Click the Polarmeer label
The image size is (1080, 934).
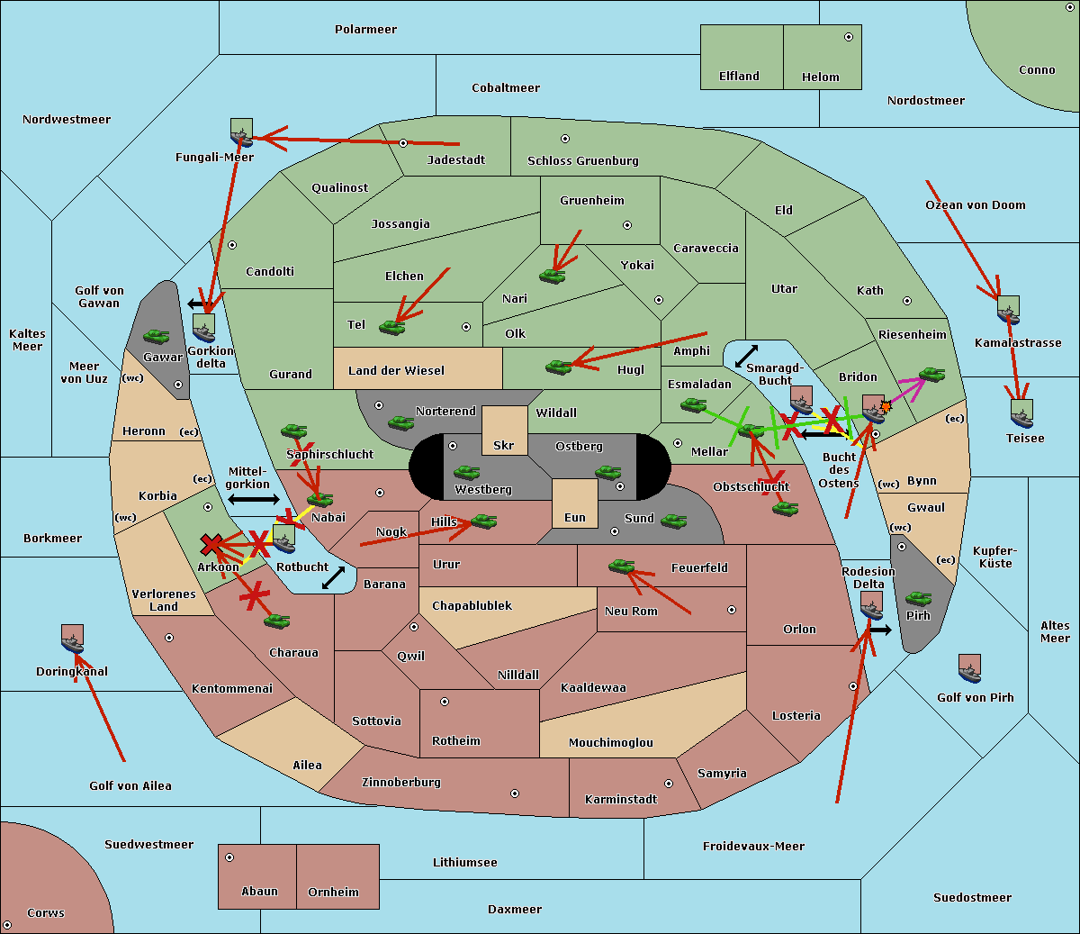pos(365,30)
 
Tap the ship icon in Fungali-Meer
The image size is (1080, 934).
pos(241,132)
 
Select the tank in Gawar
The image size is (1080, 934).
pos(157,336)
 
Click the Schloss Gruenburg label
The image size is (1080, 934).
pos(582,161)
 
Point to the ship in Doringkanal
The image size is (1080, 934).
pos(72,639)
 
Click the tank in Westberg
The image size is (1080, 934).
pos(466,472)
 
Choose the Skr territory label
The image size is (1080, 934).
pos(504,445)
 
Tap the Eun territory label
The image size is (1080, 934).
pos(575,517)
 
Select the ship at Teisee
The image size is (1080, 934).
pos(1021,413)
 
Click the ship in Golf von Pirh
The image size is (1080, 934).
pos(969,668)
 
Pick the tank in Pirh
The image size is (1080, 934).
pos(918,598)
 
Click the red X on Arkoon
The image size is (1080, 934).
pos(211,544)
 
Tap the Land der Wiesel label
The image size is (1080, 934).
pos(396,370)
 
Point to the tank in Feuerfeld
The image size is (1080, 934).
pos(621,566)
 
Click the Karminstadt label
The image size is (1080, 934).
pos(621,799)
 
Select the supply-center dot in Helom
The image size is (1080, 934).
pos(848,37)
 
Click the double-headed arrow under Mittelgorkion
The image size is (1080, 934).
pos(253,499)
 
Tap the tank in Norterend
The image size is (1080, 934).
pos(400,422)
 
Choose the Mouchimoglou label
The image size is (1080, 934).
pos(610,743)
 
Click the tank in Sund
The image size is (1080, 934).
pos(673,521)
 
